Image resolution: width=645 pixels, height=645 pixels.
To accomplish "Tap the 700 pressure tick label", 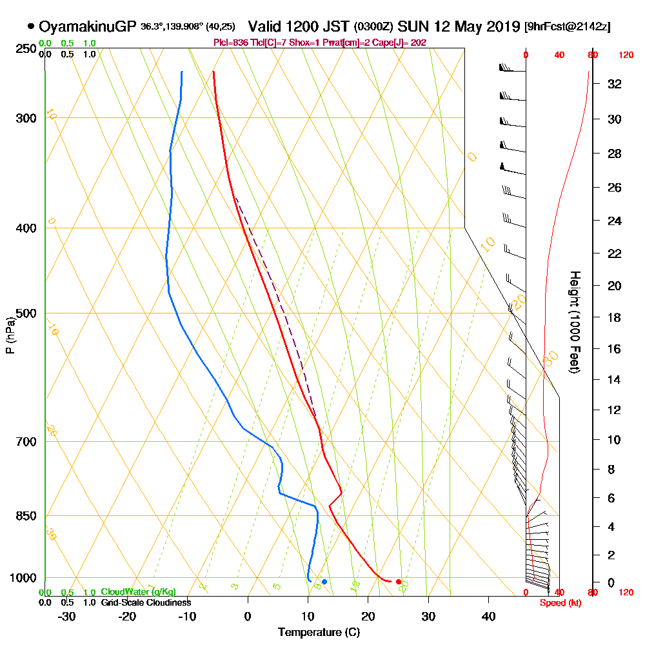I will point(26,442).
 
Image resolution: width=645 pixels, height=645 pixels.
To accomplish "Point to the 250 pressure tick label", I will point(26,49).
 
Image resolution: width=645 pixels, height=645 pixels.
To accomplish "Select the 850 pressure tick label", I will point(26,516).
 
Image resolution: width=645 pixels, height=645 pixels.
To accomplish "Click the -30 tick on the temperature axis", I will point(67,616).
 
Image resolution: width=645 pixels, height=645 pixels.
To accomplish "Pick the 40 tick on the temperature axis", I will point(489,616).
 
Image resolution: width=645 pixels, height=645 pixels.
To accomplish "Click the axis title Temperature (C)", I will point(319,633).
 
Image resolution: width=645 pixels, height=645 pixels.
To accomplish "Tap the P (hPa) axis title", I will point(10,335).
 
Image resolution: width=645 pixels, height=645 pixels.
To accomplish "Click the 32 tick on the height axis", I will point(615,84).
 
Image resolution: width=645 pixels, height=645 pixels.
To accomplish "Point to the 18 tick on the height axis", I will point(615,317).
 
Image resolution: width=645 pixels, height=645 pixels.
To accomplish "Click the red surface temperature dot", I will point(399,582).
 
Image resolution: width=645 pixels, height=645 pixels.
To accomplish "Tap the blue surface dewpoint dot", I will point(324,582).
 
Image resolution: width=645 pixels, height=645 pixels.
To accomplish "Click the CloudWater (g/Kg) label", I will point(138,591).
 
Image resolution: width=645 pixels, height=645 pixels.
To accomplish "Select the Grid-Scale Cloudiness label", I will point(146,602).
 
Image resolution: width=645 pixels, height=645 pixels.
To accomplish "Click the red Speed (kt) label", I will point(560,603).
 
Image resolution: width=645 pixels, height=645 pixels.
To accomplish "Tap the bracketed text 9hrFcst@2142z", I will point(568,26).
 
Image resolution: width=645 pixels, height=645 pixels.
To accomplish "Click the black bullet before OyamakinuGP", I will point(31,26).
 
